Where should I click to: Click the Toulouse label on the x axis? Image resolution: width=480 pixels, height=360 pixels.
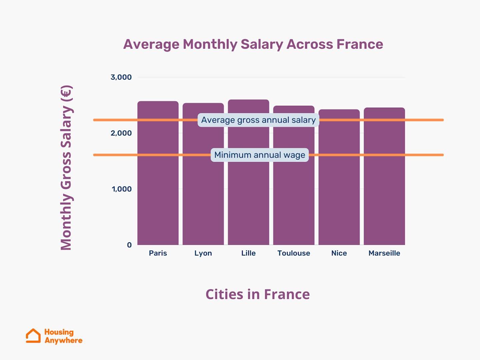(x=294, y=253)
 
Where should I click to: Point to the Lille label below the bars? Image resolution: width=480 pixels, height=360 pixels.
(x=248, y=253)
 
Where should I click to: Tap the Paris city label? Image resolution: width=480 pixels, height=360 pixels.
(x=158, y=253)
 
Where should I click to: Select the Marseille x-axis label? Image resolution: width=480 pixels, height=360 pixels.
(x=384, y=253)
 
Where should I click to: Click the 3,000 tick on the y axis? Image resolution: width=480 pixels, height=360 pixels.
(x=121, y=77)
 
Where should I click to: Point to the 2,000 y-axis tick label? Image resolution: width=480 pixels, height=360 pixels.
(x=121, y=133)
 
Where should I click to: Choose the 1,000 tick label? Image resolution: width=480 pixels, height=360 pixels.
(x=121, y=189)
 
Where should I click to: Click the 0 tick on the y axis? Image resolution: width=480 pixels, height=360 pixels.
(x=129, y=245)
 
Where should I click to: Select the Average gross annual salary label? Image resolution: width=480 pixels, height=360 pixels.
(x=258, y=120)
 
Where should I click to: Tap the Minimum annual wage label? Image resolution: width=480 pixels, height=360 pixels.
(x=260, y=155)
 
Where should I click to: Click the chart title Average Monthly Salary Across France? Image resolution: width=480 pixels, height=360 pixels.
(x=253, y=44)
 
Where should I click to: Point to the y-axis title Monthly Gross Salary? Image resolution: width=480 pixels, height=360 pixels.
(x=66, y=168)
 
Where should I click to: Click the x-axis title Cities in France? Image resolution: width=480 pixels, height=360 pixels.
(x=258, y=294)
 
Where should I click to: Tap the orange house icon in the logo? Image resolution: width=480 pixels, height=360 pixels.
(x=33, y=336)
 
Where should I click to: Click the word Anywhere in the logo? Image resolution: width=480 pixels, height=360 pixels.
(x=63, y=340)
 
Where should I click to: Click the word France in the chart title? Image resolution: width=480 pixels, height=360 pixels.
(x=360, y=44)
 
